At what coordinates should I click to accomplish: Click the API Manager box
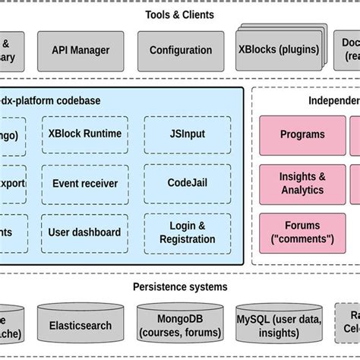(x=81, y=51)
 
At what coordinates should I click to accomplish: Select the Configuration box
(x=181, y=51)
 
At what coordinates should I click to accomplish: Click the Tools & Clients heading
(x=179, y=14)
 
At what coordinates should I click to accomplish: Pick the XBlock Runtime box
(x=84, y=134)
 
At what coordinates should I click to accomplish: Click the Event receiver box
(x=84, y=183)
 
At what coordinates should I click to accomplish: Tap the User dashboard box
(x=84, y=232)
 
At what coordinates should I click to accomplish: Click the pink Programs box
(x=302, y=134)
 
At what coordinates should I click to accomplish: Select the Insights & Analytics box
(x=302, y=183)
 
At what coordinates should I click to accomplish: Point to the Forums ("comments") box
(x=302, y=232)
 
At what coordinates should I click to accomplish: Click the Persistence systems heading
(x=179, y=286)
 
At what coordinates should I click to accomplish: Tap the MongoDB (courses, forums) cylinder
(x=180, y=324)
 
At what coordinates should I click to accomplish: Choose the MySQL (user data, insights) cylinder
(x=278, y=324)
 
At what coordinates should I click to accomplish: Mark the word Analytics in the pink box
(x=302, y=190)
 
